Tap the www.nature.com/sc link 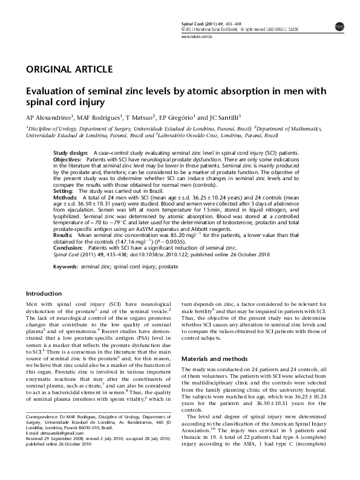[197, 37]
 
